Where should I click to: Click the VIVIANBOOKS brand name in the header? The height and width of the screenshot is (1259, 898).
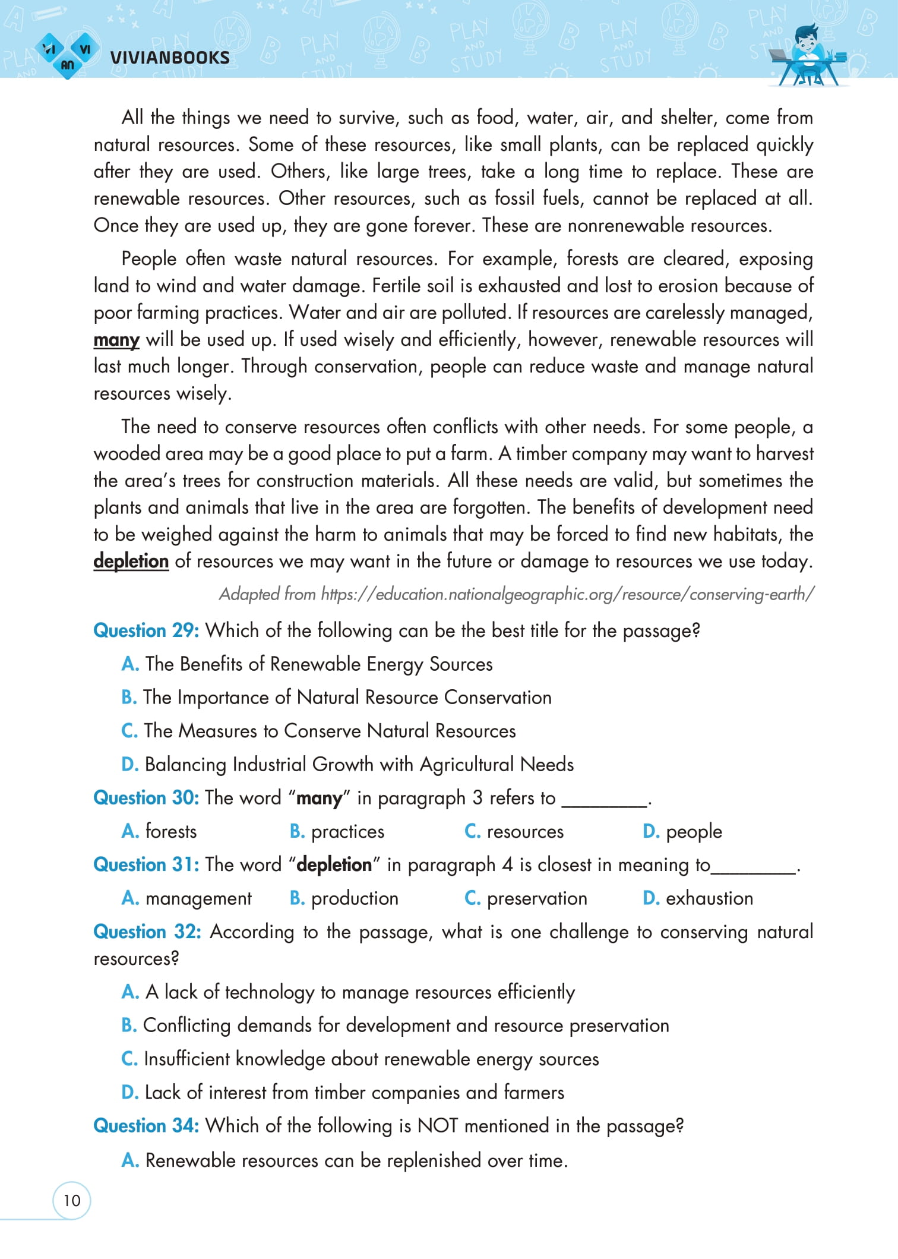tap(170, 58)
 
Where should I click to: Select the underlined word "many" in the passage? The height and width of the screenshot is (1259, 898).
tap(116, 340)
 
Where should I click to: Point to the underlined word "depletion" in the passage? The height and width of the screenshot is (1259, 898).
tap(131, 561)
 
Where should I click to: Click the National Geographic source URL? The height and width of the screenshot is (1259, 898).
tap(517, 594)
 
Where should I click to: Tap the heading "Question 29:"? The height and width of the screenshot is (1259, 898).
tap(146, 630)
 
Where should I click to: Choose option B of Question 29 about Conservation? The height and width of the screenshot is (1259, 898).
tap(336, 697)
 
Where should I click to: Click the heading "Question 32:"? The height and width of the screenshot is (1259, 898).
tap(147, 932)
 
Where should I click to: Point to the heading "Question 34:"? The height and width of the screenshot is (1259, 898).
tap(146, 1125)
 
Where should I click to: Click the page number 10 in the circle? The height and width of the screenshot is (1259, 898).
tap(72, 1201)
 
